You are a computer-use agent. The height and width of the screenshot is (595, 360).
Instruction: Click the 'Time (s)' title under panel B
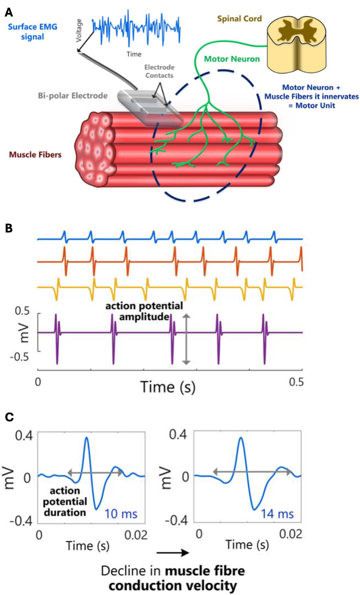click(167, 387)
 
